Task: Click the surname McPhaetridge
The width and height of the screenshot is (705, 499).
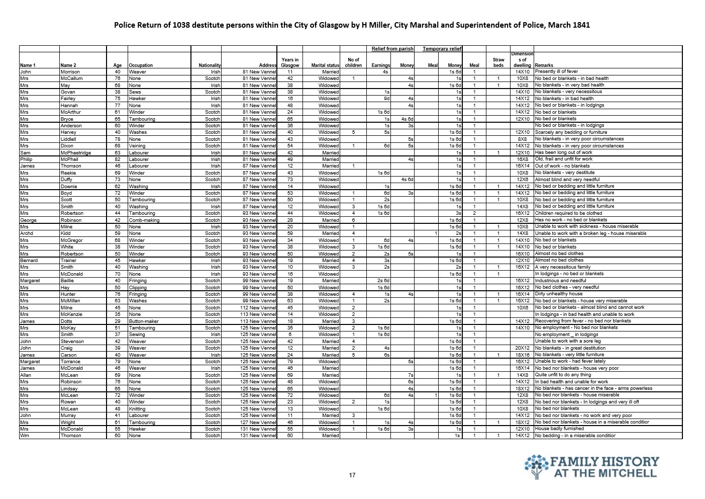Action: (x=76, y=152)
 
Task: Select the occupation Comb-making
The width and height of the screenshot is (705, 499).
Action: (x=144, y=220)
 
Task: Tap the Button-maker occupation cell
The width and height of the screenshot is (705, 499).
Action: (x=144, y=321)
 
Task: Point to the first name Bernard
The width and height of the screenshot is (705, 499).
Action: (x=29, y=261)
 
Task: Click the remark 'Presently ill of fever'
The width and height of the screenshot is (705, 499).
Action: (x=556, y=71)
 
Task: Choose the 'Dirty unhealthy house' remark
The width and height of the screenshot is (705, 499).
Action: (x=559, y=294)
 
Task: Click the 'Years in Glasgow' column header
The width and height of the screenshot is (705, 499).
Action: (x=290, y=62)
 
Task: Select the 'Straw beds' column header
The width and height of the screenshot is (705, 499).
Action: (x=498, y=62)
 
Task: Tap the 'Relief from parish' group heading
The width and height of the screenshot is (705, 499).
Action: (x=392, y=49)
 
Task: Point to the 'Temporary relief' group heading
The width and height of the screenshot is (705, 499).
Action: (x=442, y=49)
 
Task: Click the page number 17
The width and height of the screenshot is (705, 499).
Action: (x=352, y=475)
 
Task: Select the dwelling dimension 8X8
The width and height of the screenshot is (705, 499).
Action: (x=522, y=139)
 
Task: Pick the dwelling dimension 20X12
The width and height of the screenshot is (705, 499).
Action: (x=522, y=348)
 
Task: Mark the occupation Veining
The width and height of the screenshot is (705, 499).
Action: (x=137, y=146)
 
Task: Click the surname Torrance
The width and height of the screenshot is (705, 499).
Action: (x=70, y=361)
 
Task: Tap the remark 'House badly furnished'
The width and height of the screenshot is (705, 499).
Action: (x=559, y=429)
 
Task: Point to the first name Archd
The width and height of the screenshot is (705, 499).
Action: (x=27, y=233)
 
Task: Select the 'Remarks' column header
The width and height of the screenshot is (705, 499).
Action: (x=544, y=65)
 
